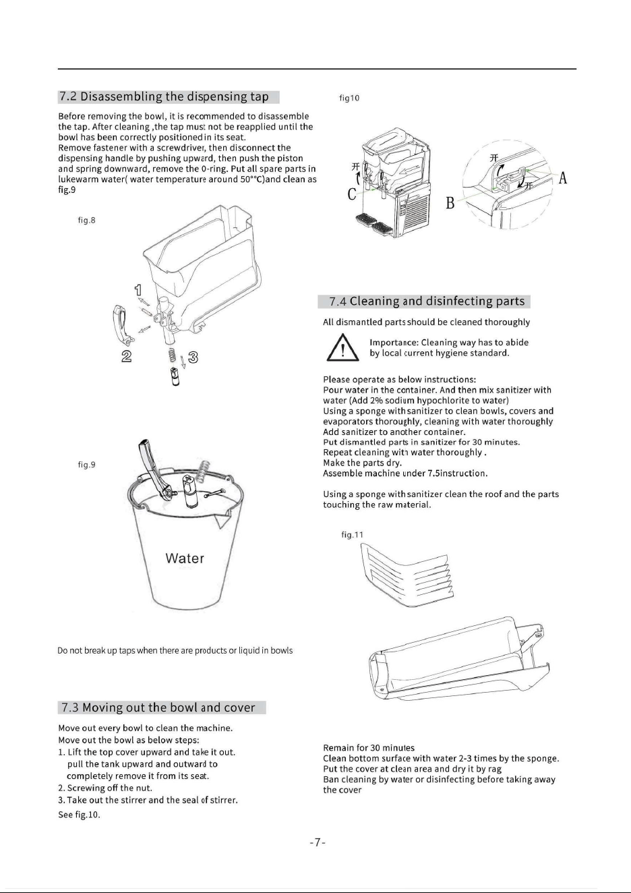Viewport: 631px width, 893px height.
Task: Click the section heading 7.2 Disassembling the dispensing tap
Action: [x=164, y=97]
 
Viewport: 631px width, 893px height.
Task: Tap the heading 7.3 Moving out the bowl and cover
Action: [x=158, y=708]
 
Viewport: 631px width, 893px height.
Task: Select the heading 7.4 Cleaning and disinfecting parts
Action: [x=427, y=301]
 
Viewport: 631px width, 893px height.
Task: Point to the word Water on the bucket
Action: [x=185, y=558]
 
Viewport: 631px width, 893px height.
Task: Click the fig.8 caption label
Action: [x=86, y=220]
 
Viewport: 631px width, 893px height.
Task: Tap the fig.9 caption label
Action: [x=86, y=465]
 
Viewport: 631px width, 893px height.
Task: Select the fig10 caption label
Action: [x=349, y=98]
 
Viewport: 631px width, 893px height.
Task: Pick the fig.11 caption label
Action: [x=352, y=535]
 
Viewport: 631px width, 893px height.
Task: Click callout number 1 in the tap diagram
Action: [x=138, y=290]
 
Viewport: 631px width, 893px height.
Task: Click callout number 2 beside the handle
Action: [x=126, y=356]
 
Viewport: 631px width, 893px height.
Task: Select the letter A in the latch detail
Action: [x=562, y=178]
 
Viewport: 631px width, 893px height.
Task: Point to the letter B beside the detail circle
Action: [x=450, y=203]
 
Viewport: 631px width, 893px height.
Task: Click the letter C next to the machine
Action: [x=352, y=194]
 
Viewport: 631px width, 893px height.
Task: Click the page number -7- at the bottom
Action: [x=318, y=842]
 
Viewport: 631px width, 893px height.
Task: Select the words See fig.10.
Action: [x=79, y=815]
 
